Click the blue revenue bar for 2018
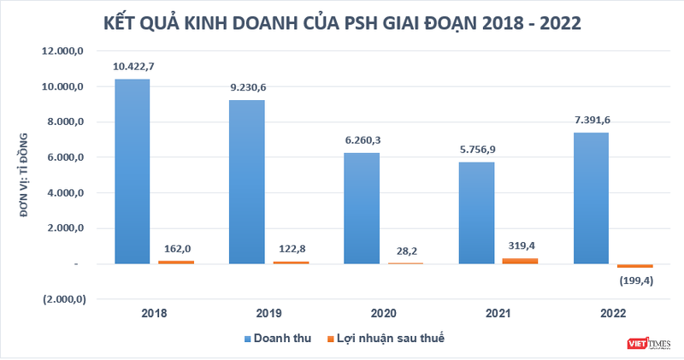pyautogui.click(x=133, y=171)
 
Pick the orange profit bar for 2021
pyautogui.click(x=519, y=260)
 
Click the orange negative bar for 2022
pyautogui.click(x=634, y=266)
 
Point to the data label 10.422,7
pyautogui.click(x=133, y=66)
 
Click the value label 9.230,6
pyautogui.click(x=246, y=87)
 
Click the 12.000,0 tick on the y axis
pyautogui.click(x=63, y=51)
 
